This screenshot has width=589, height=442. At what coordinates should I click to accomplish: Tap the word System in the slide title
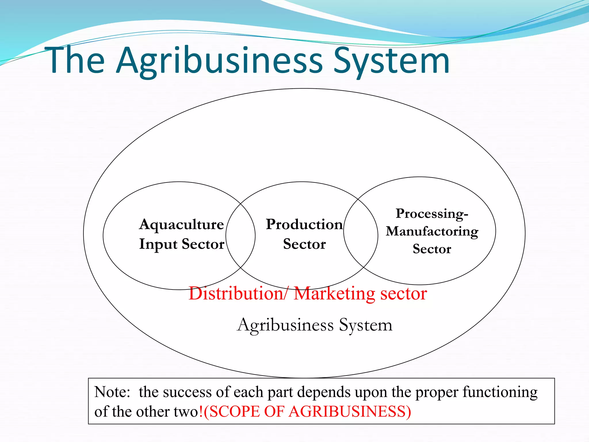click(391, 61)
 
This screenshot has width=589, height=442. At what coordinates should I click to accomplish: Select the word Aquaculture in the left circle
click(181, 225)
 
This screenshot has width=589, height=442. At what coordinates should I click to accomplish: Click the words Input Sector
click(181, 244)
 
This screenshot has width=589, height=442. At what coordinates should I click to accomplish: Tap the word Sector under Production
click(304, 244)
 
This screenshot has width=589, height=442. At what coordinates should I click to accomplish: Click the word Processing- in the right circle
click(432, 214)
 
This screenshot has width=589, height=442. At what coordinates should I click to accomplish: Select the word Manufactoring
click(432, 231)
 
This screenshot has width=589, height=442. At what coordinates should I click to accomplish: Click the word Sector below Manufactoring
click(432, 249)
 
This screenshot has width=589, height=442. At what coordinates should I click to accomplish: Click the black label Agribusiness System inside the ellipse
click(314, 325)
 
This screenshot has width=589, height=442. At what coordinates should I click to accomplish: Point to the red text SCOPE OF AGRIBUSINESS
click(307, 411)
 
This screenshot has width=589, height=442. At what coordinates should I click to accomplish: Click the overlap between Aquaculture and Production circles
click(240, 235)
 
